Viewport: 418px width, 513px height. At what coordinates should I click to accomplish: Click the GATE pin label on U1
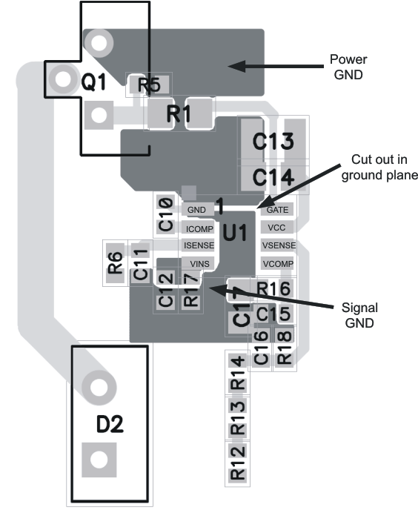[276, 211]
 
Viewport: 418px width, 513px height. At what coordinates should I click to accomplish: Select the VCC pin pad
[276, 228]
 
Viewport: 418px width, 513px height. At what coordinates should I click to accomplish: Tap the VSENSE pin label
[278, 245]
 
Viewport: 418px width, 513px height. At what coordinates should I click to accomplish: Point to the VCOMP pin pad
[278, 263]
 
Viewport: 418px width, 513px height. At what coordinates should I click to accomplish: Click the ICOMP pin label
[198, 228]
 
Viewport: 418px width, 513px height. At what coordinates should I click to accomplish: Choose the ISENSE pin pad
[198, 245]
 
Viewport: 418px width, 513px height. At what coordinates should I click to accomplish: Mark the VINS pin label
[199, 263]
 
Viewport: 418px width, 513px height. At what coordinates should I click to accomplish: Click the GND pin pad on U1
[196, 211]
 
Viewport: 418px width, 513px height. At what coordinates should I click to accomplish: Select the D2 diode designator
[110, 425]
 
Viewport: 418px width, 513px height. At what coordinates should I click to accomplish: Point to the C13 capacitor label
[273, 142]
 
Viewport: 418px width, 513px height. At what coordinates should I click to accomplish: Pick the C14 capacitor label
[273, 177]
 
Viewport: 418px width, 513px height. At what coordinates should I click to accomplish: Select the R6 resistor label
[115, 264]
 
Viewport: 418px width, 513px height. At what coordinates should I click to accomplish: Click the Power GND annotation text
[348, 67]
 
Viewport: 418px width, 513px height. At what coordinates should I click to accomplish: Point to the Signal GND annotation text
[359, 315]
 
